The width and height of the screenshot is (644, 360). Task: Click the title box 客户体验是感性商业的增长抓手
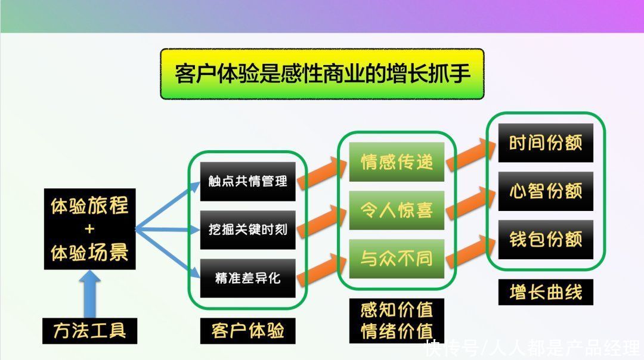(322, 74)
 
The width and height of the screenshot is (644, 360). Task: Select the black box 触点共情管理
(247, 181)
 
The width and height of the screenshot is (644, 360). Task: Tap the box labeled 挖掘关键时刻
(247, 230)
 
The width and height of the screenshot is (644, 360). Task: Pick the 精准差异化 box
(247, 278)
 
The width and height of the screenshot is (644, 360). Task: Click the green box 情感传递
(397, 162)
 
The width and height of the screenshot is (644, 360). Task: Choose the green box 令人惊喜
(397, 210)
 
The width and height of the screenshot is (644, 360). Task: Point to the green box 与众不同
(397, 259)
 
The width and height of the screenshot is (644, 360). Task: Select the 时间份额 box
(546, 143)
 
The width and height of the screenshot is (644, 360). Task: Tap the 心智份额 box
(546, 191)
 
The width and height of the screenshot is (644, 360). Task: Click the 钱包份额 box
(546, 240)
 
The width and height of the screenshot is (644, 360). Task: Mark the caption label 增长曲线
(546, 292)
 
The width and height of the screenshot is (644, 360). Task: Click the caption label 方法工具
(90, 331)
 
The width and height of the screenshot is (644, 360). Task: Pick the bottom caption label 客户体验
(247, 331)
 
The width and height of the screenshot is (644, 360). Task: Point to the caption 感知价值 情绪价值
(397, 321)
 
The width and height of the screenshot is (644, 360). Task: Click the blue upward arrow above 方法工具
(89, 294)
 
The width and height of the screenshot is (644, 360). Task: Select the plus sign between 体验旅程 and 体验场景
(89, 229)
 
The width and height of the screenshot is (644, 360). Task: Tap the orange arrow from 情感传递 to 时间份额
(470, 154)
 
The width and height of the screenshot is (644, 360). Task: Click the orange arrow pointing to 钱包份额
(470, 250)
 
